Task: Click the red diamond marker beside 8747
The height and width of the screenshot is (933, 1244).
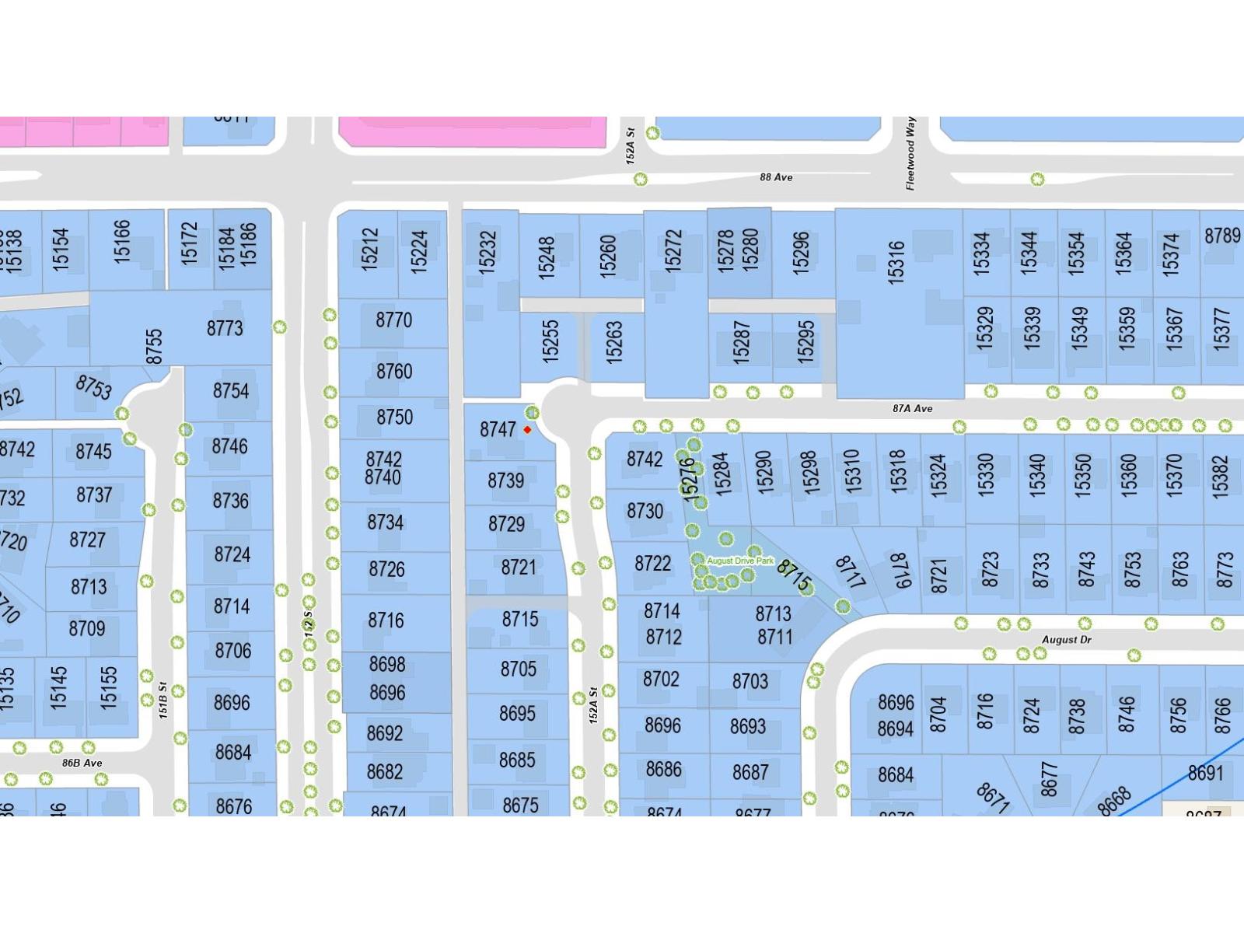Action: click(527, 430)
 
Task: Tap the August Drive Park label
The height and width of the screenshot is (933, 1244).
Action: click(740, 561)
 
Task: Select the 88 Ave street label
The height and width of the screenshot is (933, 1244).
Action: click(776, 177)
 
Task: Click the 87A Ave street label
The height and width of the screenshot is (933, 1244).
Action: click(912, 408)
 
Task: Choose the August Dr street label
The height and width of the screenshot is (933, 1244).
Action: click(1066, 640)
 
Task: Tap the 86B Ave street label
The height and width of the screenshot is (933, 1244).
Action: click(82, 763)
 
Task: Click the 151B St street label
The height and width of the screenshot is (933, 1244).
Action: click(163, 700)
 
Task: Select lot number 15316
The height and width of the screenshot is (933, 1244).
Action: click(896, 262)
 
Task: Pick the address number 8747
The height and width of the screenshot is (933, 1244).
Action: click(498, 429)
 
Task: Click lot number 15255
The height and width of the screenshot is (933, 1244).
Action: click(550, 341)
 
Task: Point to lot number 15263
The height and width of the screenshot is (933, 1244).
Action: click(614, 341)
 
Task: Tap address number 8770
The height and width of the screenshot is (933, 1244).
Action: click(393, 320)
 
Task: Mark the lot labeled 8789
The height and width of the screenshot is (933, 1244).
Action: click(1221, 235)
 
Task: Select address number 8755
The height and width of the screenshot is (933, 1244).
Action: click(154, 346)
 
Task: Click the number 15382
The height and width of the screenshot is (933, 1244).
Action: click(1221, 476)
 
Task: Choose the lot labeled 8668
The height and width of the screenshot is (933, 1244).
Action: click(1114, 800)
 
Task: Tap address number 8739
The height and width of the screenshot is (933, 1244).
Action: click(505, 480)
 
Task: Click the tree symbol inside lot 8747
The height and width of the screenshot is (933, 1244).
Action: click(532, 413)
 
